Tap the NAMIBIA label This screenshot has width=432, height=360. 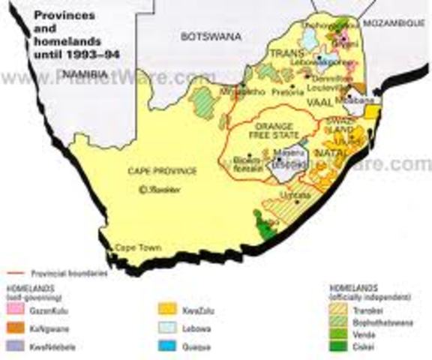coord(88,73)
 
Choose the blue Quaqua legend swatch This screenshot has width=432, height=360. coord(166,346)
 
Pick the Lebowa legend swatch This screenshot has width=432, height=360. coord(166,328)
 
